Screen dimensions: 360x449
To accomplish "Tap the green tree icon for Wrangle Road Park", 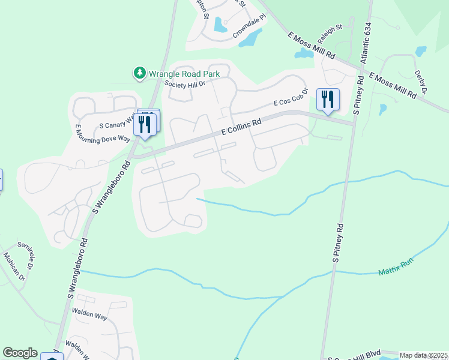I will tap(140, 73).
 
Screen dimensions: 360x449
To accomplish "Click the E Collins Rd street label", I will tap(241, 128).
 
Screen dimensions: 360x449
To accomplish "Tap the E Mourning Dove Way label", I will tap(102, 134).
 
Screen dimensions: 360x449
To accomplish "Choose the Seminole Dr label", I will tap(27, 256).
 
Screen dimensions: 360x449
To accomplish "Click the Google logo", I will tap(20, 353).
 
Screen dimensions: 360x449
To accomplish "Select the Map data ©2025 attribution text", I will tap(423, 355).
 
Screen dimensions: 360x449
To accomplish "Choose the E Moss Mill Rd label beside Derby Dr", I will tap(393, 86).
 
